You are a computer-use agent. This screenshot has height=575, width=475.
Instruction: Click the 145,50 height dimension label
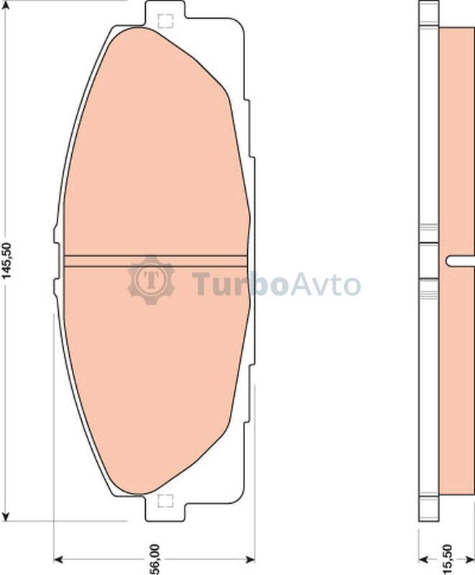pos(7,261)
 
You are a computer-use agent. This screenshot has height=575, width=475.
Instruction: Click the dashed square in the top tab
pos(165,21)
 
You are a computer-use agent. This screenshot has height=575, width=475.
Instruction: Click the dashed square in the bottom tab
pos(165,501)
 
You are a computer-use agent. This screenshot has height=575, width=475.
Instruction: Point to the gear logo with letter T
pos(151,280)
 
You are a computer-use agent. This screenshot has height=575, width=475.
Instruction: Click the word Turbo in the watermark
pos(239,283)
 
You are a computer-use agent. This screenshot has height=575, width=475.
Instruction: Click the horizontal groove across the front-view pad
pos(155,261)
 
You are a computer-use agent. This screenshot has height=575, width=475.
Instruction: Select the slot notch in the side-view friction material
pos(460,260)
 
